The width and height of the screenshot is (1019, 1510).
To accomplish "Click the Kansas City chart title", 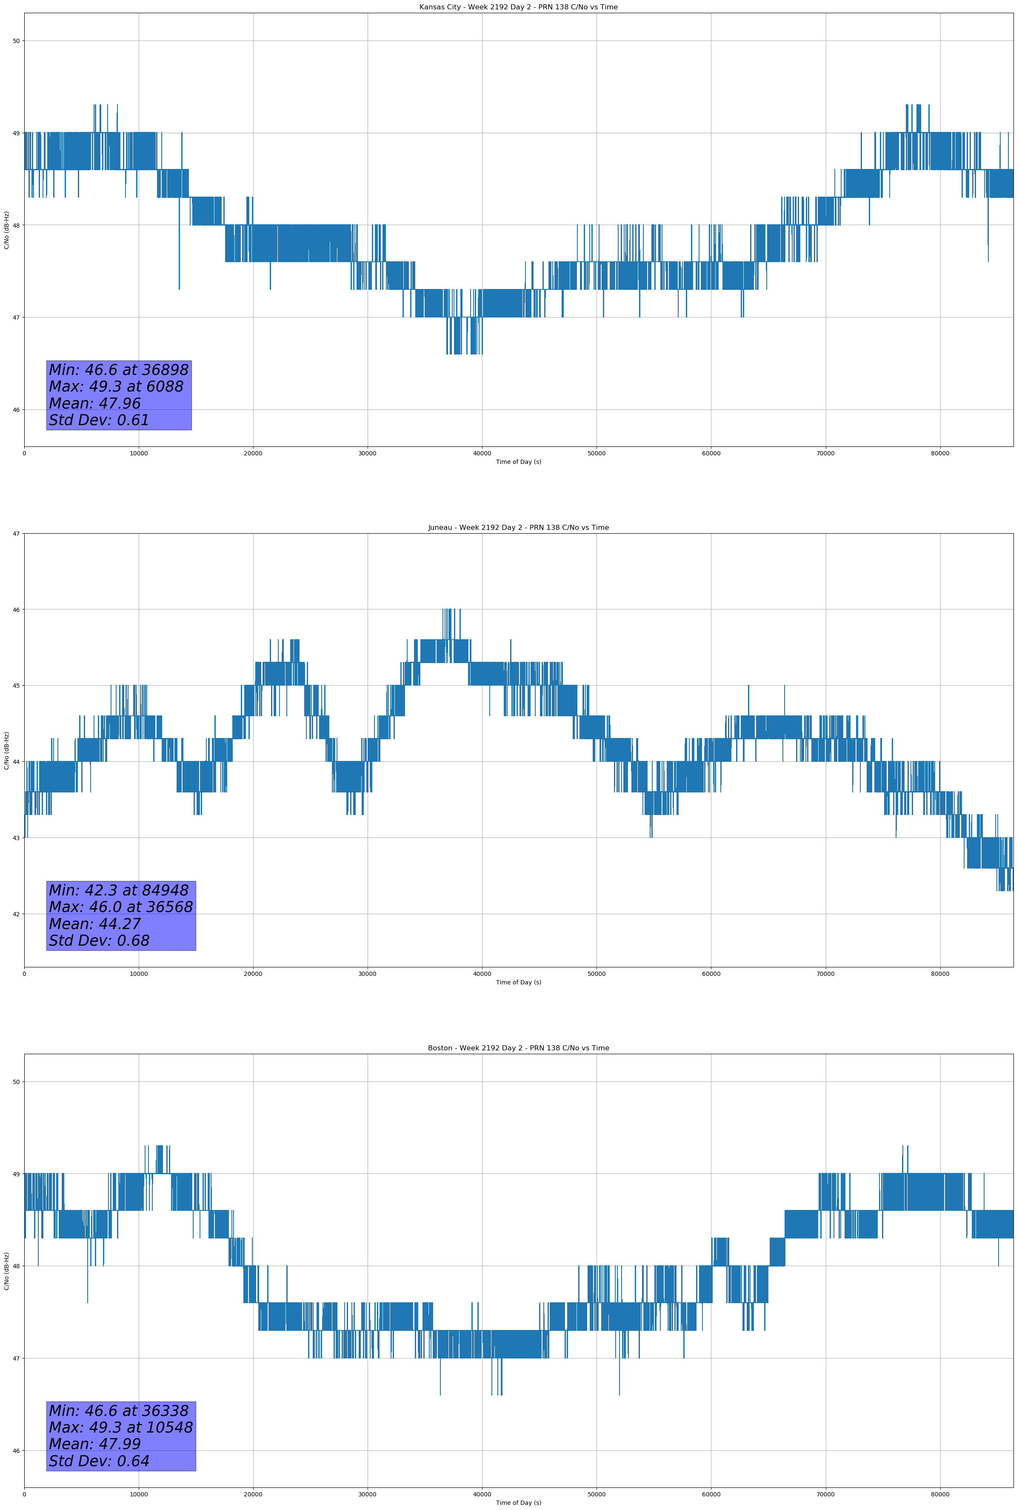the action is click(x=518, y=7).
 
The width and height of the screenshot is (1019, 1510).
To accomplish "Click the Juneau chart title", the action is click(x=518, y=528).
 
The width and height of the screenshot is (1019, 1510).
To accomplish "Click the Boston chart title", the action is click(x=518, y=1048).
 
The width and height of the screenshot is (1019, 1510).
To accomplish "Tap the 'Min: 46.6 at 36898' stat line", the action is click(x=119, y=370).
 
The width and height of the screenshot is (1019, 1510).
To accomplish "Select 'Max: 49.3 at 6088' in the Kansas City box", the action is click(x=116, y=386).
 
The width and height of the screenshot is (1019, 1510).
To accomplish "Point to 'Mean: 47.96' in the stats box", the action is click(x=95, y=403).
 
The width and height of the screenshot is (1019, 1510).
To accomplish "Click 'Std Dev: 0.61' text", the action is click(x=100, y=420).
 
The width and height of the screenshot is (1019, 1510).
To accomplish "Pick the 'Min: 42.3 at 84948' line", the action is click(x=119, y=890).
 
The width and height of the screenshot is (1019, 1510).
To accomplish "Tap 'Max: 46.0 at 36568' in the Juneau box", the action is click(x=121, y=907).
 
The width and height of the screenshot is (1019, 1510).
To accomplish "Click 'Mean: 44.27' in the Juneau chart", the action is click(x=95, y=924).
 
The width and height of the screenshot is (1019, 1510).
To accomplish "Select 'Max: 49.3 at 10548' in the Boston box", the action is click(x=121, y=1427).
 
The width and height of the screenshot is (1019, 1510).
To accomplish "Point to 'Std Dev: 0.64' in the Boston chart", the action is click(x=100, y=1461).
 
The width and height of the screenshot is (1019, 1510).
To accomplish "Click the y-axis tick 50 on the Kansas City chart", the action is click(x=16, y=41).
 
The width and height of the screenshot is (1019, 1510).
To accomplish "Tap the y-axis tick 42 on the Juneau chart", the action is click(x=16, y=914).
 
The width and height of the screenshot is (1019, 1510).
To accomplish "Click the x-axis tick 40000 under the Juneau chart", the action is click(x=482, y=974).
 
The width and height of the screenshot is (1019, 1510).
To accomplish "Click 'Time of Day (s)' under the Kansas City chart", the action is click(x=518, y=462).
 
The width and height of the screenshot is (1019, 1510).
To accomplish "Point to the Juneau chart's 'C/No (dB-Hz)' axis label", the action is click(x=6, y=750).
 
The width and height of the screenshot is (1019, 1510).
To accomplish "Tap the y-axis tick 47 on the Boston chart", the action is click(x=16, y=1358).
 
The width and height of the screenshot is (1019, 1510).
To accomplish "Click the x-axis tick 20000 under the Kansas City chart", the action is click(x=253, y=454).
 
